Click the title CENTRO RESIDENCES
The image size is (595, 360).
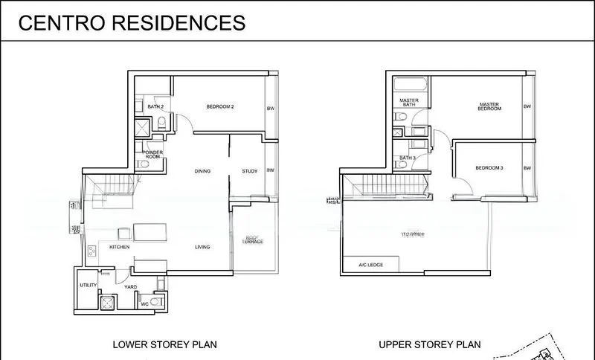tap(131, 22)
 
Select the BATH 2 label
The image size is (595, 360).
tap(155, 107)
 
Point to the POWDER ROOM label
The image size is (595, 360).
tap(152, 155)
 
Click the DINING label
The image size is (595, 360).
tap(202, 172)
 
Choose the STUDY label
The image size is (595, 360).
tap(249, 172)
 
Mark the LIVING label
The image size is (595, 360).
tap(202, 247)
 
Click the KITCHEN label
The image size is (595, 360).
tap(120, 247)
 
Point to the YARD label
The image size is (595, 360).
tap(130, 286)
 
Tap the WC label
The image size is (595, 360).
tap(145, 303)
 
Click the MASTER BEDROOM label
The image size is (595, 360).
tap(489, 106)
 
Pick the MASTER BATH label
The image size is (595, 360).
tap(408, 103)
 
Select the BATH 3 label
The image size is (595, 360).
tap(407, 158)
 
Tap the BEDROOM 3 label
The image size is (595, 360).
tap(489, 168)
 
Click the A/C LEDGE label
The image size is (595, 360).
tap(370, 264)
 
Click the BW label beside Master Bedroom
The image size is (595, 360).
tap(527, 106)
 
